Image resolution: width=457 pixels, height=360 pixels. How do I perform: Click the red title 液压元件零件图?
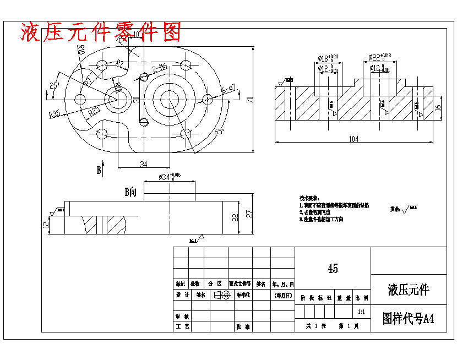[x=101, y=32]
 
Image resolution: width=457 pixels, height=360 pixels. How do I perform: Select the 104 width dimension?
[x=353, y=139]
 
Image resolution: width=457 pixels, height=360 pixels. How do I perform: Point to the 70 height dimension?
[x=249, y=99]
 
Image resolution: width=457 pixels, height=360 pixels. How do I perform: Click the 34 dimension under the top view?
[x=143, y=163]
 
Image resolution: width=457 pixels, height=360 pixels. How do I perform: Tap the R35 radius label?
[x=55, y=114]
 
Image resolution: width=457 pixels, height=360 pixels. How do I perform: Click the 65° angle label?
[x=219, y=132]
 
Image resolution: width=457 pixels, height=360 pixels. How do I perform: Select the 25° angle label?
[x=55, y=85]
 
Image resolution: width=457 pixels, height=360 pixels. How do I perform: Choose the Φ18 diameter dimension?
[x=328, y=58]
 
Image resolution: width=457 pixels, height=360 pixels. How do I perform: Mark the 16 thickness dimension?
[x=439, y=108]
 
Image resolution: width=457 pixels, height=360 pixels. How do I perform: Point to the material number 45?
[x=333, y=269]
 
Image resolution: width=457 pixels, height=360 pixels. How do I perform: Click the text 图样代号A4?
[x=408, y=319]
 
